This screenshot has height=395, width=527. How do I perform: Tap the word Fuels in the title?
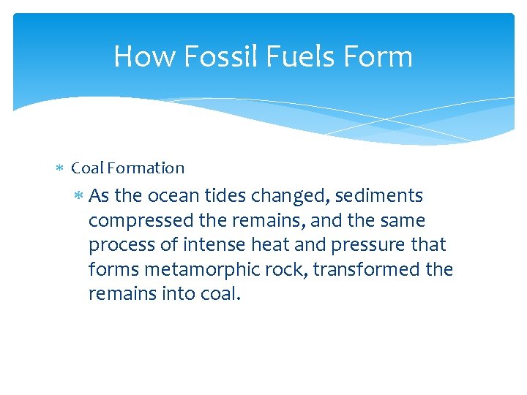coord(296,56)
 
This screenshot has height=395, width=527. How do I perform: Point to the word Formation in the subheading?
coord(146,168)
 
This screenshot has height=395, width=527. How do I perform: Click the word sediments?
coord(379,196)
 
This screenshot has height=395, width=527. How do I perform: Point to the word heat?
coord(264,246)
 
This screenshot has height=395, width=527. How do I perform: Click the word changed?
coord(288,196)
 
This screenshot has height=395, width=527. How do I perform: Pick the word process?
coord(117,246)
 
